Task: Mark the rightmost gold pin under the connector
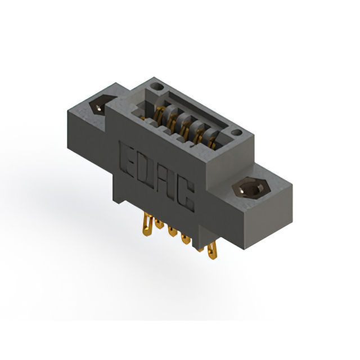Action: (x=211, y=251)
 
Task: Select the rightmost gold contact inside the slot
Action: (x=213, y=141)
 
